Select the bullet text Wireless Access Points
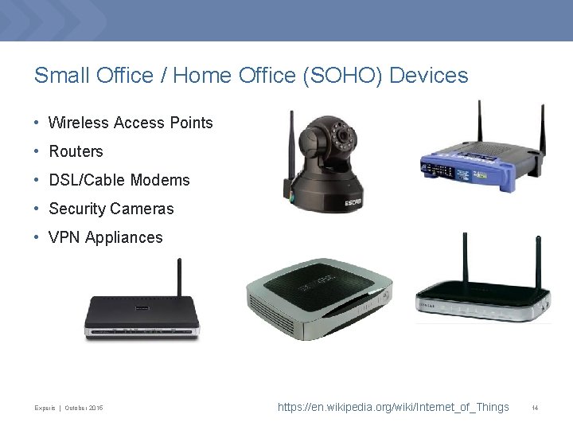click(131, 123)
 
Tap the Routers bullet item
click(76, 151)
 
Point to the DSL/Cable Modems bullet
click(119, 180)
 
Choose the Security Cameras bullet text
click(111, 209)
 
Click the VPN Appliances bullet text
click(105, 237)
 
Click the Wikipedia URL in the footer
click(393, 407)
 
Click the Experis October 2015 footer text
click(68, 408)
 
